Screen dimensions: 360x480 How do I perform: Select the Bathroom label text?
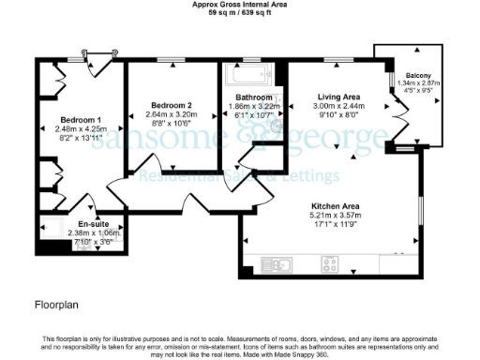click(x=254, y=97)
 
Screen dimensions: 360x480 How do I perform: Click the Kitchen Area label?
click(x=334, y=205)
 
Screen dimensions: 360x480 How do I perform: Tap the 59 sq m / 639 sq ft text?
click(x=241, y=14)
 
